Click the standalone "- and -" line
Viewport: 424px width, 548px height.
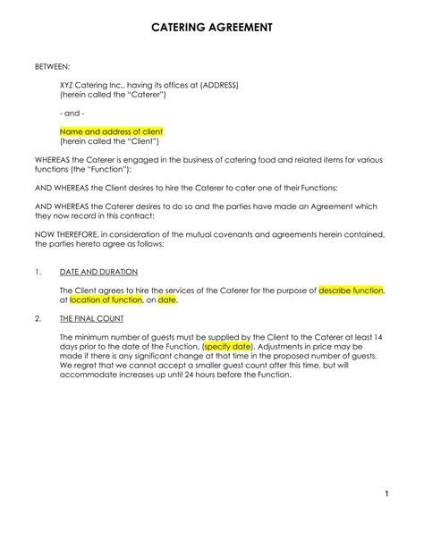(x=72, y=114)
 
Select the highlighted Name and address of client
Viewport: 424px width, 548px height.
(x=111, y=131)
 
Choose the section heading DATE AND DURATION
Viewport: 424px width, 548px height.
(x=98, y=271)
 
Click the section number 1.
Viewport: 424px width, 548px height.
(x=37, y=271)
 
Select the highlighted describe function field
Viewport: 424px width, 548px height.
(x=351, y=291)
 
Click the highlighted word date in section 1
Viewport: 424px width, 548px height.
(x=167, y=300)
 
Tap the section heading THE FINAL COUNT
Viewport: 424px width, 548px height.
(x=92, y=318)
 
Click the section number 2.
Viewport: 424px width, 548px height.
(x=37, y=318)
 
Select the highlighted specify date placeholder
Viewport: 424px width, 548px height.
(x=228, y=347)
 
